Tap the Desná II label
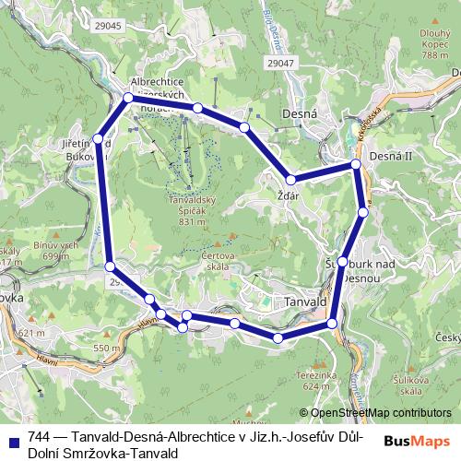point(388,158)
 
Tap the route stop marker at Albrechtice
point(128,97)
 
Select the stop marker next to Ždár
point(290,180)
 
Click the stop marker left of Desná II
point(356,164)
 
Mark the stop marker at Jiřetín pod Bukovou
point(98,139)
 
